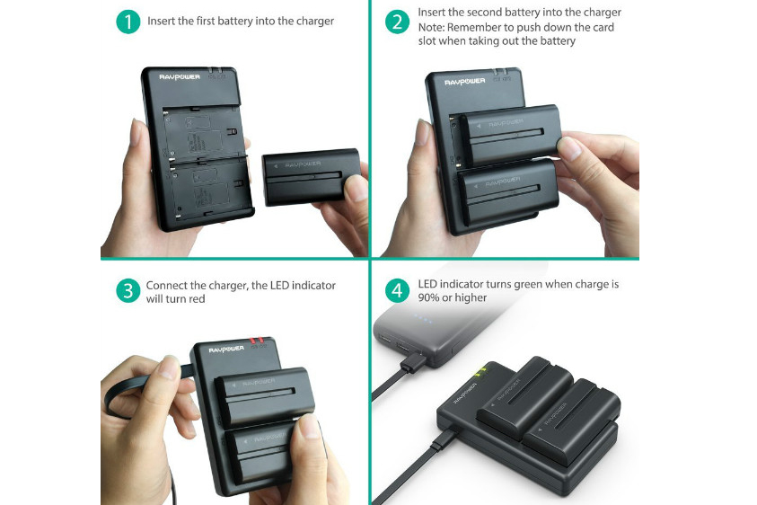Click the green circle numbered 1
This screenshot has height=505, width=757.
click(128, 22)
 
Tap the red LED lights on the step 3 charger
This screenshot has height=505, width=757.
click(257, 341)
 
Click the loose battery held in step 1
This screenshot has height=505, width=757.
click(310, 177)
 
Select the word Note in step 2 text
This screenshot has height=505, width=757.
click(432, 27)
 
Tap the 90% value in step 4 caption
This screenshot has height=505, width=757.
click(431, 298)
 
